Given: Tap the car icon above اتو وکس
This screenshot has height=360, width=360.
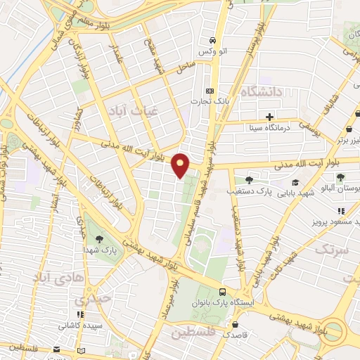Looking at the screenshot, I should click(210, 40).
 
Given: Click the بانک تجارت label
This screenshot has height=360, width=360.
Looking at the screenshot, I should click(210, 101).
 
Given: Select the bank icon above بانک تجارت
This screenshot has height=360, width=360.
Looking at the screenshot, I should click(209, 91).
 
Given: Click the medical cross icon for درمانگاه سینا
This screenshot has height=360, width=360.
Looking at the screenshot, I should click(271, 117).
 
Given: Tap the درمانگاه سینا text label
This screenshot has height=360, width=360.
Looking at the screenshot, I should click(271, 129).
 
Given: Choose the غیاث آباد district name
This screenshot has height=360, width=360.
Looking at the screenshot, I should click(129, 110).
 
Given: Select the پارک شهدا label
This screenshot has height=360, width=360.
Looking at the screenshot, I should click(98, 250).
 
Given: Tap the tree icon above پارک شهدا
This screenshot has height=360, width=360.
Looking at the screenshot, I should click(98, 239).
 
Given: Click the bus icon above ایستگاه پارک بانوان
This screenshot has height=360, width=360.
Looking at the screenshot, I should click(222, 292).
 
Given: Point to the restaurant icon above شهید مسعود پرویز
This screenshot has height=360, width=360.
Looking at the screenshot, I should click(341, 211).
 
